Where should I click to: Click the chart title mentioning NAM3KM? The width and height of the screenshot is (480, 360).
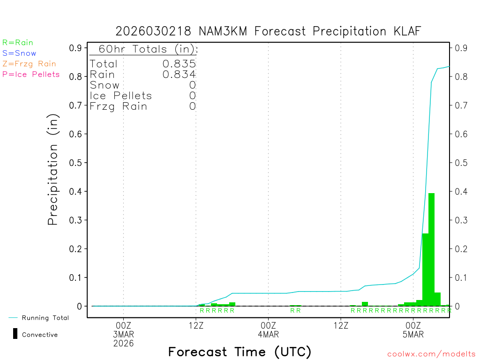tap(269, 31)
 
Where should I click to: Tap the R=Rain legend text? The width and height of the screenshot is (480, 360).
tap(18, 43)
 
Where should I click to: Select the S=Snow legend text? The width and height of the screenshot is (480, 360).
tap(19, 53)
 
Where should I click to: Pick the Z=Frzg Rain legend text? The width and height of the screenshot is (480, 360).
tap(29, 64)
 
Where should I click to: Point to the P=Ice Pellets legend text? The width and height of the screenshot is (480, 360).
tap(31, 74)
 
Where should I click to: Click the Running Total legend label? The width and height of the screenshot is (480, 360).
tap(45, 318)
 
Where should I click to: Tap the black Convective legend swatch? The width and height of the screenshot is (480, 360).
tap(15, 334)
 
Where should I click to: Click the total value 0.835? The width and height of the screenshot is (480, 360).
tap(179, 64)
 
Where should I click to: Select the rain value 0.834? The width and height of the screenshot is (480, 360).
tap(179, 74)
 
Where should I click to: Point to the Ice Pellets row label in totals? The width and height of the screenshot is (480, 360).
tap(121, 96)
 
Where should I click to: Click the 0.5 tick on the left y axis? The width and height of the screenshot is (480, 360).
tap(75, 163)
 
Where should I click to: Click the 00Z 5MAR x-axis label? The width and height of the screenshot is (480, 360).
tap(413, 330)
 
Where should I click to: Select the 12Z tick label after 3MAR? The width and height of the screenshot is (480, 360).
tap(196, 325)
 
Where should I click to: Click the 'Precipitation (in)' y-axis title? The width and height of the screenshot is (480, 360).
tap(53, 170)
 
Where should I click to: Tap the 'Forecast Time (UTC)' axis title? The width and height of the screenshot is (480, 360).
tap(240, 352)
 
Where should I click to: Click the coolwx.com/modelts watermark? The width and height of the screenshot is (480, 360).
tap(431, 354)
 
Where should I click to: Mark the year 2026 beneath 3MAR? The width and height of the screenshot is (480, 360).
tap(123, 343)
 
